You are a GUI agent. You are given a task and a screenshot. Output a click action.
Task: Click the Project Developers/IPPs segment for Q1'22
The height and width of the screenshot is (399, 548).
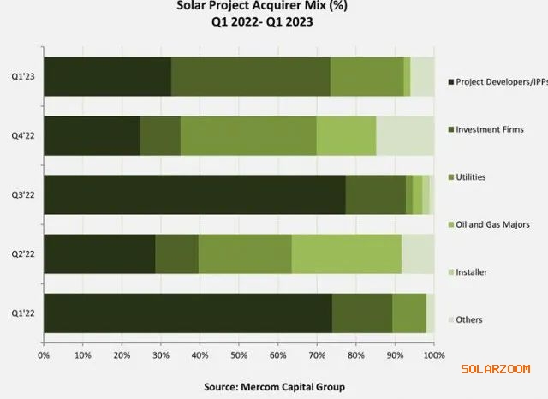[x=187, y=313]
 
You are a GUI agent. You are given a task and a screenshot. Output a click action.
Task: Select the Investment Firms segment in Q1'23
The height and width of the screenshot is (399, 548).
[x=250, y=76]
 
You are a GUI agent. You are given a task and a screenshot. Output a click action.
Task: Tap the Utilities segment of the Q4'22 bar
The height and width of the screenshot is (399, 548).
[x=247, y=135]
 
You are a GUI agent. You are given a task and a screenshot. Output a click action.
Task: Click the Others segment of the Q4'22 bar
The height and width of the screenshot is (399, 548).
[x=404, y=135]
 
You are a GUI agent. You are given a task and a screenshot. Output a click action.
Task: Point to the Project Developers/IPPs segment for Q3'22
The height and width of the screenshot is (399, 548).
[x=194, y=194]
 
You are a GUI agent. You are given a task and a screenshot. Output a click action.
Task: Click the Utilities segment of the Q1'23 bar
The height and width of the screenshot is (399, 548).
[x=366, y=76]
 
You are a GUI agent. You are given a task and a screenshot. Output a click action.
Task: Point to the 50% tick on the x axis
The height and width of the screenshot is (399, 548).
[x=238, y=353]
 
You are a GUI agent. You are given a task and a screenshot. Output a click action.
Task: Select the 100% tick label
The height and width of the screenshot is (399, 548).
[x=433, y=353]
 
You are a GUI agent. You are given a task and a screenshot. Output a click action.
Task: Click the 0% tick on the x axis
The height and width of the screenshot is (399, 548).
[x=43, y=353]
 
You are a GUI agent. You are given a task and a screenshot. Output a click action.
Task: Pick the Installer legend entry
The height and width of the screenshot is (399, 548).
[x=472, y=271]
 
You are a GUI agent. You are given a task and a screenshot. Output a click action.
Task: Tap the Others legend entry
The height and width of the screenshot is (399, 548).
[x=469, y=319]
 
